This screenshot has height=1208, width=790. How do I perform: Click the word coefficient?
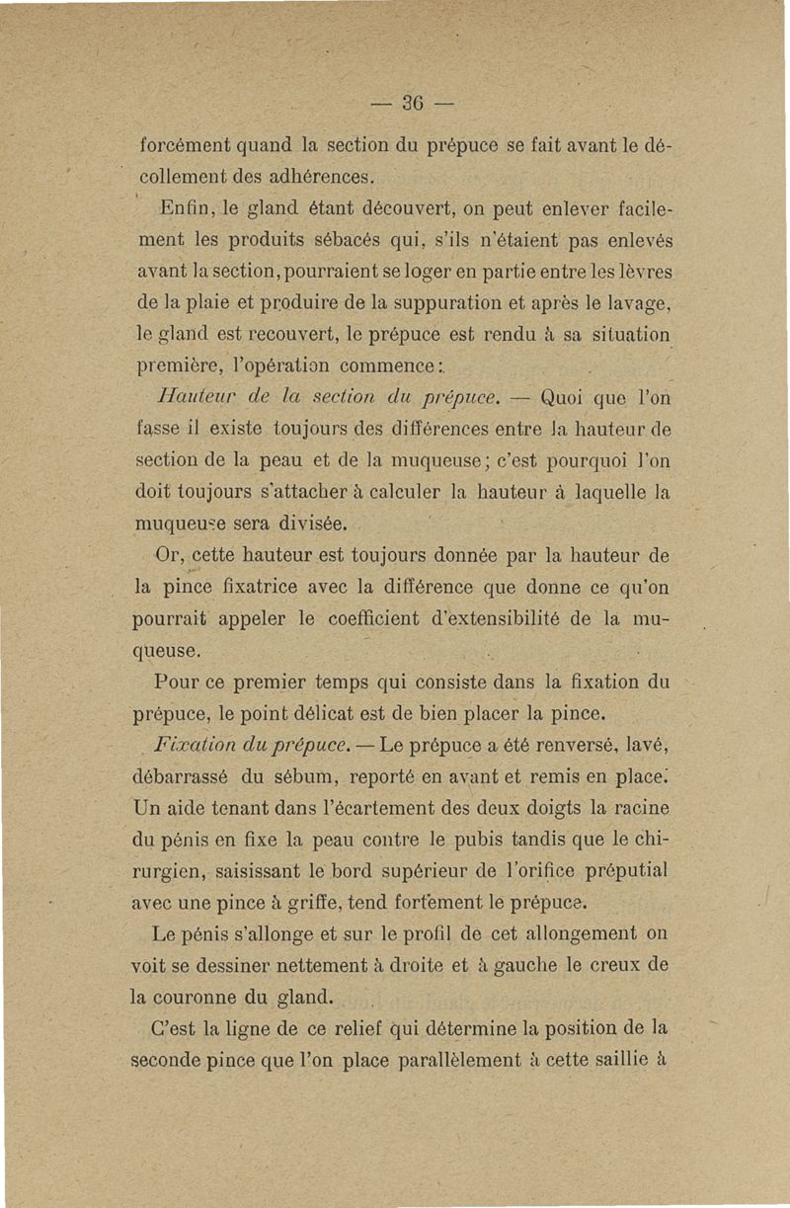[383, 619]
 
